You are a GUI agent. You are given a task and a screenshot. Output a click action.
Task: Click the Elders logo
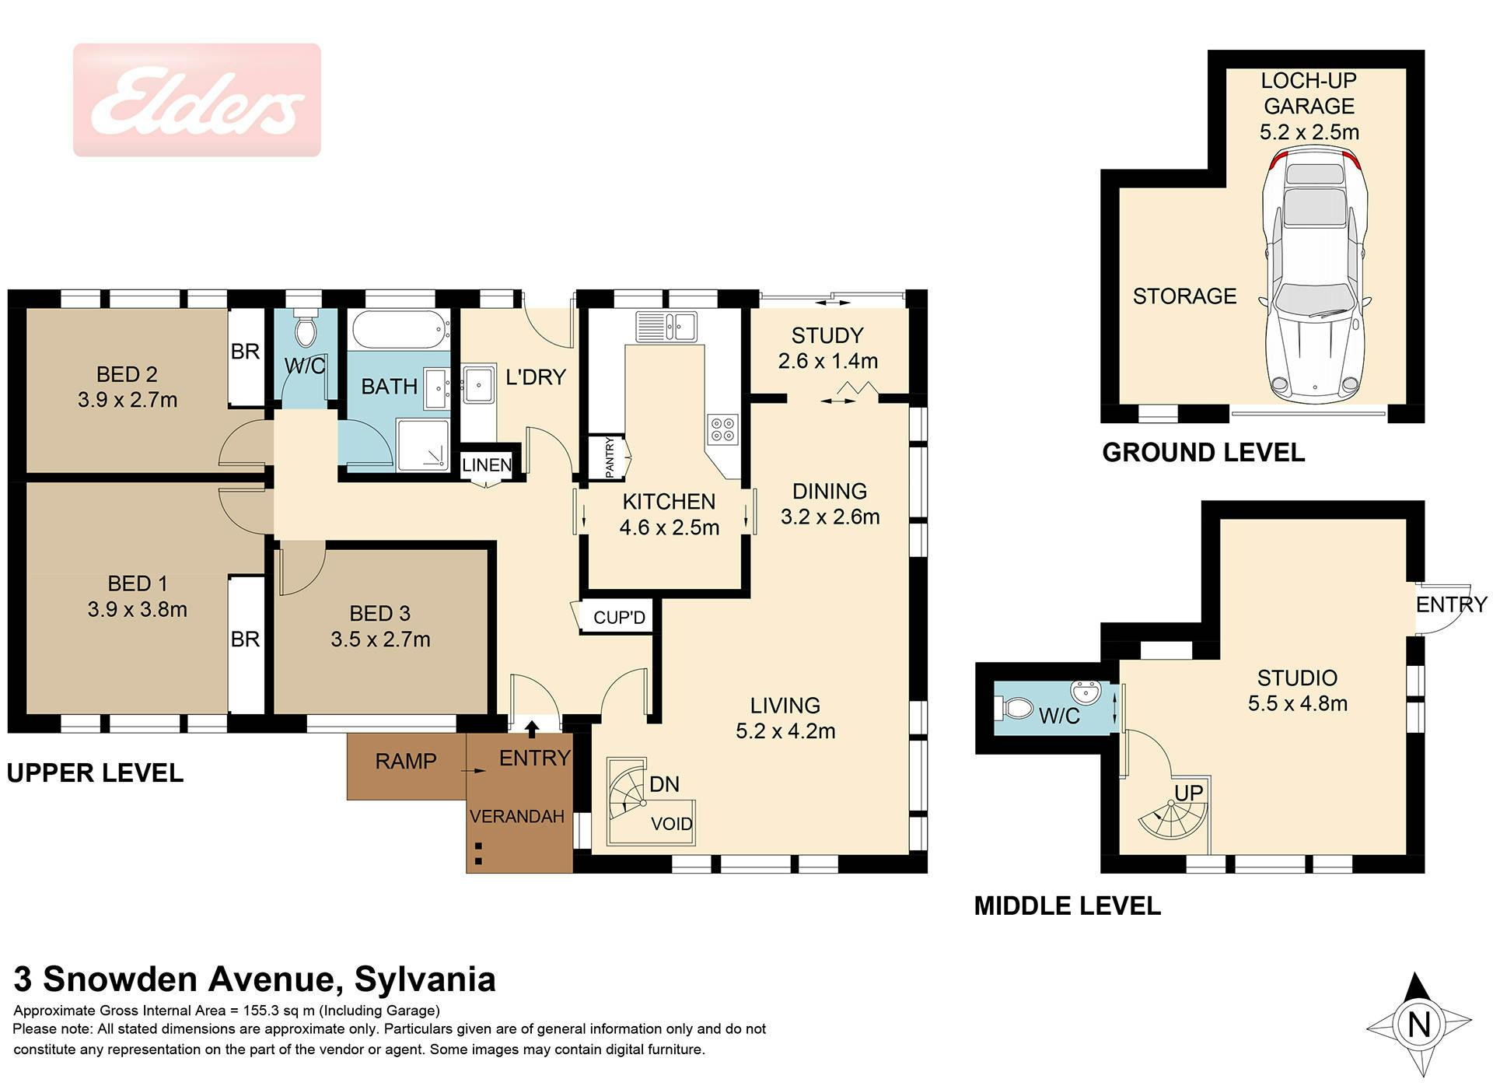(x=197, y=100)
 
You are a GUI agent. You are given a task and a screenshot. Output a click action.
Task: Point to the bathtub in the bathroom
(x=400, y=331)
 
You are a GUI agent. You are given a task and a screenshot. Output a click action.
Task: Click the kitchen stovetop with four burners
(x=722, y=429)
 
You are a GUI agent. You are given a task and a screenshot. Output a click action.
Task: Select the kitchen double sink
(x=666, y=327)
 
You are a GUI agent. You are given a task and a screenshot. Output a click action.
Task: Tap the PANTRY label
(x=610, y=457)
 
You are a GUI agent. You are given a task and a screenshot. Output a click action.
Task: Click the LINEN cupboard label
(x=487, y=465)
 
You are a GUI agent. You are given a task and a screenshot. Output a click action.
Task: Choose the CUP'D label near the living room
(x=619, y=618)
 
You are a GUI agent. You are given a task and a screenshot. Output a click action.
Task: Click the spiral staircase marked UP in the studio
(x=1173, y=818)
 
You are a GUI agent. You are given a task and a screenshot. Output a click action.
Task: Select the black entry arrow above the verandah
(x=532, y=728)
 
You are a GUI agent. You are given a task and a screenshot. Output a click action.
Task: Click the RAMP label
(x=406, y=761)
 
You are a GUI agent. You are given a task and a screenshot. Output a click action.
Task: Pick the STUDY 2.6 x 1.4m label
(x=827, y=348)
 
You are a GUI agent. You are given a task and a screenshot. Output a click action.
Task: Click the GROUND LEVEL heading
(x=1203, y=453)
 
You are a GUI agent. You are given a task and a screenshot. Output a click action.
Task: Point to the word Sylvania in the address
(x=425, y=979)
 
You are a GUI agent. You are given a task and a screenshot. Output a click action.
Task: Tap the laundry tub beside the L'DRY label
(x=479, y=384)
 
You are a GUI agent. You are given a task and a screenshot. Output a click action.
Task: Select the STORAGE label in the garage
(x=1184, y=296)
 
